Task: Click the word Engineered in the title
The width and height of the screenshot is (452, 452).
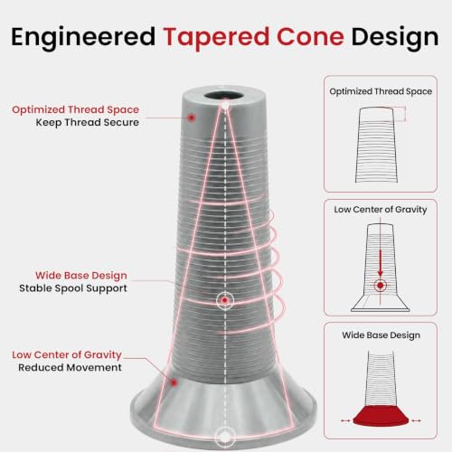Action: point(83,38)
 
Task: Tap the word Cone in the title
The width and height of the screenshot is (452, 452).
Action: point(310,37)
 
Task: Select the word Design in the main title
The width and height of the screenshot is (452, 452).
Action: point(395,38)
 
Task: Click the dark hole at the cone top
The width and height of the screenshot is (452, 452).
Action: point(224,96)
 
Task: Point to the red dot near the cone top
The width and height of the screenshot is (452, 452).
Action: point(192,118)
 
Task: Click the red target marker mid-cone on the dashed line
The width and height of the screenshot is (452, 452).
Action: point(224,300)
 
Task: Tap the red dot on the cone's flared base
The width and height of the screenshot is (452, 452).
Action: point(174,382)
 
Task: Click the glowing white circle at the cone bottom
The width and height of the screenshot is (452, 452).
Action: point(224,437)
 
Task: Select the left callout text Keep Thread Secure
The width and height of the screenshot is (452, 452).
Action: point(88,123)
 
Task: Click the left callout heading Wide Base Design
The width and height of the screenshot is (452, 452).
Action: point(81,276)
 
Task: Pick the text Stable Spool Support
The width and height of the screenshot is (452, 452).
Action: point(73,288)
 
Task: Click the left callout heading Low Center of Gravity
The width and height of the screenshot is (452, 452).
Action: point(67,354)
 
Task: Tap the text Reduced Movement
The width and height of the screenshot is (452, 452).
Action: point(70,368)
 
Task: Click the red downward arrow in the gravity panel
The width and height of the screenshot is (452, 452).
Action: point(381,262)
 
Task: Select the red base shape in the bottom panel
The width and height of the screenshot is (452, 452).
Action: point(381,416)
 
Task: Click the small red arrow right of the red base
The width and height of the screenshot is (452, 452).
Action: point(417,420)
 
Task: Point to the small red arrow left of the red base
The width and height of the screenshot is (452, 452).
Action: point(345,420)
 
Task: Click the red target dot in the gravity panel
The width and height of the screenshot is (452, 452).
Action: point(381,285)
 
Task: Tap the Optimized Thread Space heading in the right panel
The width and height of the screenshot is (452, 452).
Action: point(381,91)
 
